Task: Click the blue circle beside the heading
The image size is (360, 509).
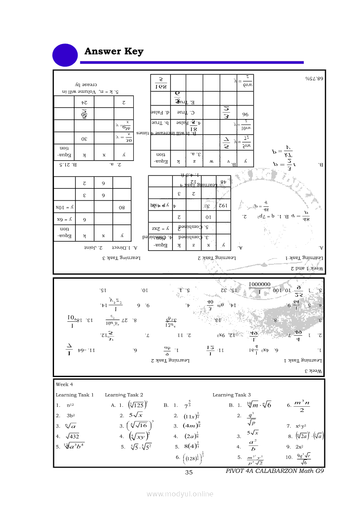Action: click(65, 56)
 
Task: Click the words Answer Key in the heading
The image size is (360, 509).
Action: click(114, 51)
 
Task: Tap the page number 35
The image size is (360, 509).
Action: click(189, 473)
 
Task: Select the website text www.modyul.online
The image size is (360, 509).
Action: click(180, 494)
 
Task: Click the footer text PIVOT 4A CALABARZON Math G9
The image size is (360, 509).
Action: click(275, 471)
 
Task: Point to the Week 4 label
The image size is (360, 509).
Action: click(65, 384)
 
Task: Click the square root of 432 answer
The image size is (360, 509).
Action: click(73, 436)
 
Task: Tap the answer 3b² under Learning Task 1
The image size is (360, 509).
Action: click(72, 415)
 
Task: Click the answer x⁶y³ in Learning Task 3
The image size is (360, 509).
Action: click(302, 426)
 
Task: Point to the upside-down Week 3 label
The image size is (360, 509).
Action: click(313, 371)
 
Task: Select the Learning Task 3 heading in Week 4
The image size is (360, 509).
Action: click(231, 395)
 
